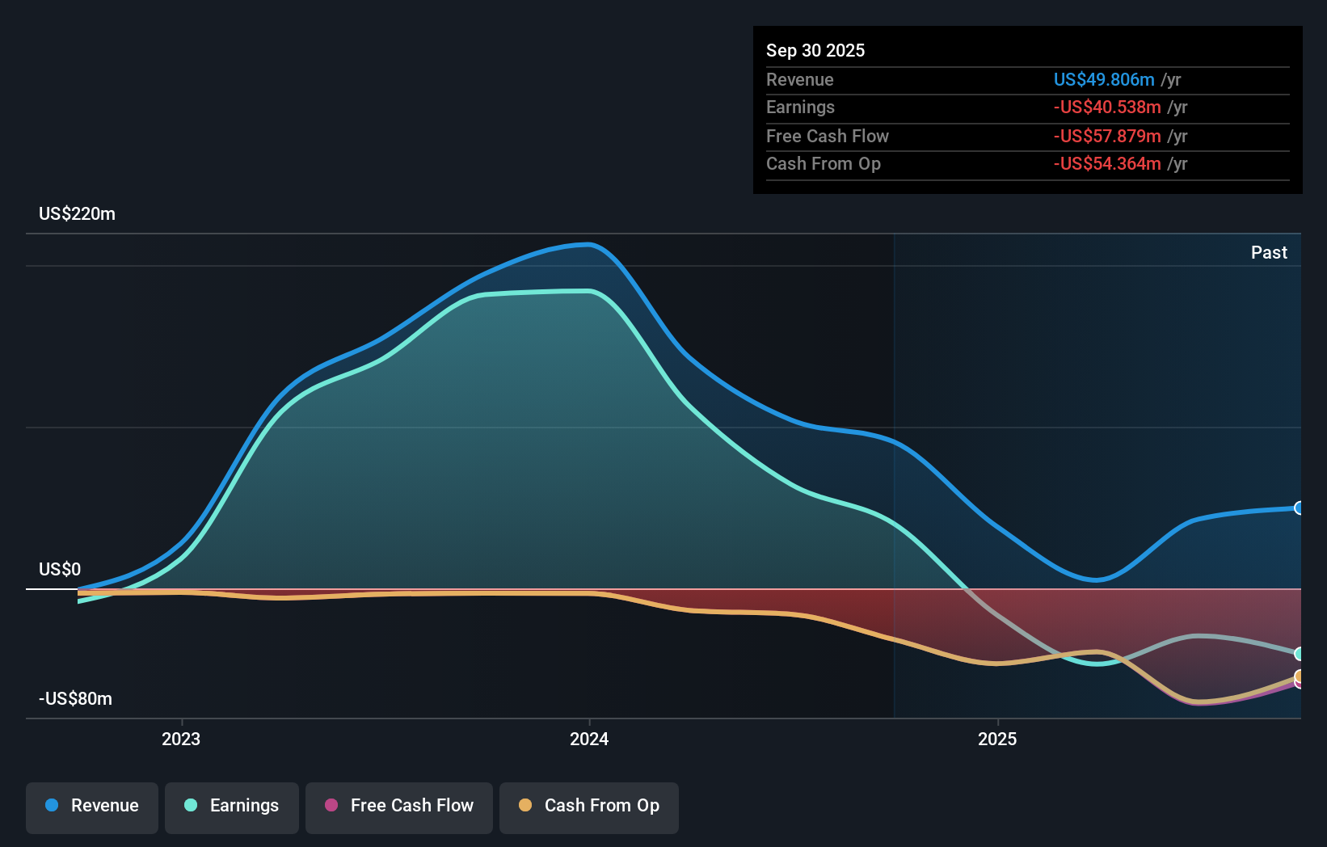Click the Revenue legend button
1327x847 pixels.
click(92, 807)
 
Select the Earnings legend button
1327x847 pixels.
click(232, 807)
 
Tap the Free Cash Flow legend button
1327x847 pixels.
click(399, 807)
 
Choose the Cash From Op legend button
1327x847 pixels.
click(589, 807)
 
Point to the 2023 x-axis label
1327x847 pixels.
click(181, 740)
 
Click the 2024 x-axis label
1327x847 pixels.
click(589, 740)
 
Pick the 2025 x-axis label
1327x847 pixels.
click(997, 740)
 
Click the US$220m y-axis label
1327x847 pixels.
click(78, 214)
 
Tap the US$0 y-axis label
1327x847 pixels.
click(60, 570)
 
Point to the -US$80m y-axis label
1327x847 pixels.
click(76, 699)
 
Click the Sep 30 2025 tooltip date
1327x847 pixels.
click(815, 51)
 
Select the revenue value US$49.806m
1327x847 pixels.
click(1104, 80)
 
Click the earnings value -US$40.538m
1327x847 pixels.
click(1107, 107)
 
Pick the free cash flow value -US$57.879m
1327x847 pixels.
click(1107, 137)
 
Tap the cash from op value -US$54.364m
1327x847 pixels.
click(1107, 164)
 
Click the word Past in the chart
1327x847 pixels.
click(1269, 253)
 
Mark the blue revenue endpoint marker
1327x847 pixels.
click(1299, 508)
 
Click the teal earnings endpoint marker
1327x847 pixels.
click(1299, 654)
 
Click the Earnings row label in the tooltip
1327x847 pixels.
click(800, 107)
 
